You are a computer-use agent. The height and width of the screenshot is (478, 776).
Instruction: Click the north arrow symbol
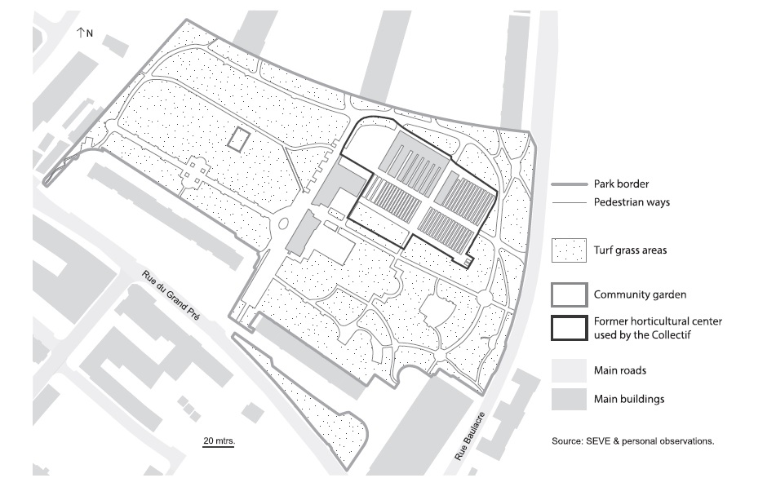(80, 33)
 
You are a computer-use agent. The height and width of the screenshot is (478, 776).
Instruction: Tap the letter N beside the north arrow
(90, 33)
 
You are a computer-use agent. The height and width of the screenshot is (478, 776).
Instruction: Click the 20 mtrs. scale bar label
(219, 440)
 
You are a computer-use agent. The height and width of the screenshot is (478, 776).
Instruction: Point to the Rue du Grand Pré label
(171, 295)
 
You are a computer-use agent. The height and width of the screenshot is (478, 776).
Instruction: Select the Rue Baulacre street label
(471, 436)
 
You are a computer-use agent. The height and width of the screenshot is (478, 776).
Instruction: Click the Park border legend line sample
(569, 184)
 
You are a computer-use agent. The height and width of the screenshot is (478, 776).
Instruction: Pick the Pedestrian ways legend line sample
(569, 202)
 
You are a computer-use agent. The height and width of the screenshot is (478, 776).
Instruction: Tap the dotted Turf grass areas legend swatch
(569, 250)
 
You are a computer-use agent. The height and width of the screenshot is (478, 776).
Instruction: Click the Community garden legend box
(569, 295)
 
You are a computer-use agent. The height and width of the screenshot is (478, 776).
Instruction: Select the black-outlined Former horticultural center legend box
(569, 328)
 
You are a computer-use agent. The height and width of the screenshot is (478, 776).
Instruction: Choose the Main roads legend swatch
(569, 370)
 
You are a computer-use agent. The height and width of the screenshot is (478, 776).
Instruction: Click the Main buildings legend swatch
(569, 399)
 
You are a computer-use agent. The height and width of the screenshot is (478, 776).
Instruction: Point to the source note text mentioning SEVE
(633, 441)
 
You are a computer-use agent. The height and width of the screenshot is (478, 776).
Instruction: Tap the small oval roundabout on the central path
(283, 224)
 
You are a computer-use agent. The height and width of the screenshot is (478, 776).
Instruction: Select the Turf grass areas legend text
(630, 250)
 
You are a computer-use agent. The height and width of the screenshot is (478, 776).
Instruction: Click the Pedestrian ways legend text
(632, 202)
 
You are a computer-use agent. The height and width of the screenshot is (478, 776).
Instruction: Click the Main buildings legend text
(629, 399)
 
